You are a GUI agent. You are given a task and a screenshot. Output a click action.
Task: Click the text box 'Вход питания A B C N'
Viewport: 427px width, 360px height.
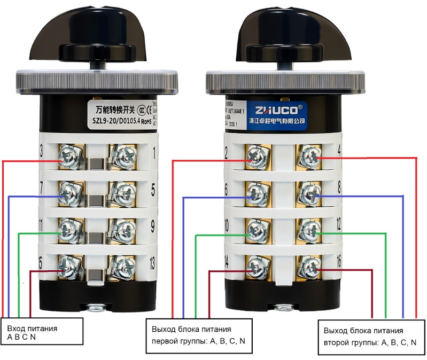(x=43, y=332)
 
